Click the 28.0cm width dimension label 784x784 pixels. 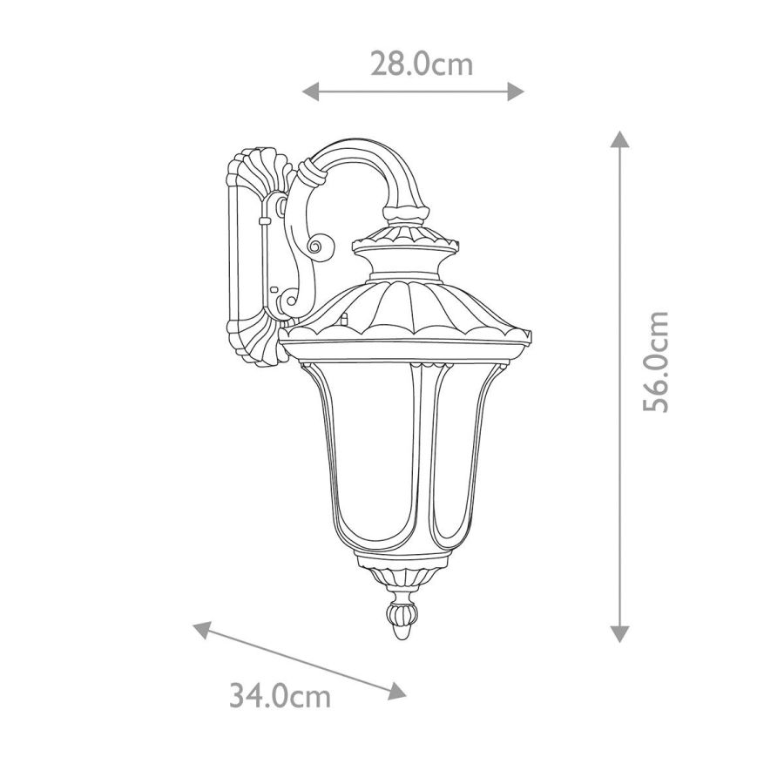click(421, 64)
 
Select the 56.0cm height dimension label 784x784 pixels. click(655, 362)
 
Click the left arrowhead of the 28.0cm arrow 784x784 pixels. click(310, 91)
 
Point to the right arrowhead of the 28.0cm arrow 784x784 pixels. click(516, 91)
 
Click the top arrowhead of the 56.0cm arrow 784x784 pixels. click(620, 139)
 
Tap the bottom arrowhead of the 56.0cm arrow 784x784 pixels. click(620, 634)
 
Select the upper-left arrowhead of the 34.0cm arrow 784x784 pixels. click(202, 629)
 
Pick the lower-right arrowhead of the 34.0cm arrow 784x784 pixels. click(397, 691)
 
